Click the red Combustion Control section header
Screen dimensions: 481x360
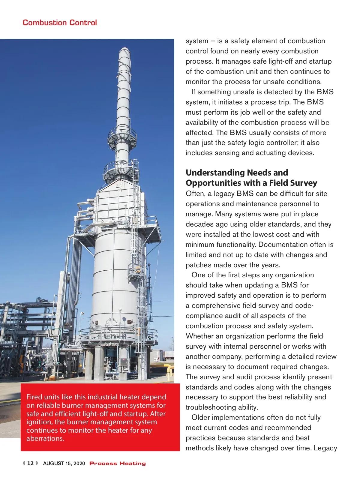point(60,23)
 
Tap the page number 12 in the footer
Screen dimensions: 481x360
point(30,463)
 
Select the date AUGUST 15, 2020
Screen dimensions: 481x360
point(64,463)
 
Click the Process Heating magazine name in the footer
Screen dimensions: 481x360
point(118,464)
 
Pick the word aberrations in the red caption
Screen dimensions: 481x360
point(45,438)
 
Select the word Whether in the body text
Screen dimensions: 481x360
point(199,336)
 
